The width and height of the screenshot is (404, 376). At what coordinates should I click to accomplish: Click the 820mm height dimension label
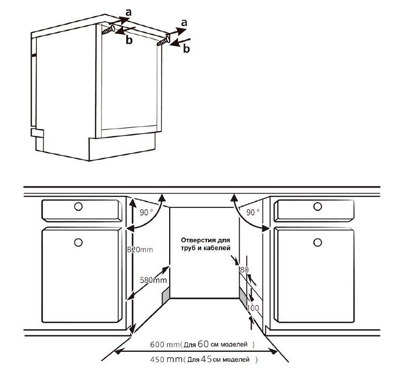coord(140,250)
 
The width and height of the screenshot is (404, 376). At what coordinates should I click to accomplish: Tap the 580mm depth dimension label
coord(153,280)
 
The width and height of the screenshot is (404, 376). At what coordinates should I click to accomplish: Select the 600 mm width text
coord(165,344)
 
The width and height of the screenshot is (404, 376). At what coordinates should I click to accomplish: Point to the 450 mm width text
coord(166,359)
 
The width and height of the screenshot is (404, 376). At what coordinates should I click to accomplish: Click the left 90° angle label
coord(146,213)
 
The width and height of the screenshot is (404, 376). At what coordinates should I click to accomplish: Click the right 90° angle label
coord(253,213)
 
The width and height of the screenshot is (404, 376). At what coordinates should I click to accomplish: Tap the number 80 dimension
coord(244,270)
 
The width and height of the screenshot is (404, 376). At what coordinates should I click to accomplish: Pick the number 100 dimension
coord(253,308)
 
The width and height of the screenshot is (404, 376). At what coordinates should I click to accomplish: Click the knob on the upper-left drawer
coord(78,206)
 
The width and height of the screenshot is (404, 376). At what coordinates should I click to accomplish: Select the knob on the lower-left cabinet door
coord(78,243)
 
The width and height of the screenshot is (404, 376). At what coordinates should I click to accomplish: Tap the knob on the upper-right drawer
coord(317,206)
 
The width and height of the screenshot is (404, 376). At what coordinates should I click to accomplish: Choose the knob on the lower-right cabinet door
coord(317,243)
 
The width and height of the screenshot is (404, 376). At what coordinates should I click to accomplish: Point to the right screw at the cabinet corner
coord(164,41)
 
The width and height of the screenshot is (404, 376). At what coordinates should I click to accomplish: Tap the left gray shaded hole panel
coord(166,295)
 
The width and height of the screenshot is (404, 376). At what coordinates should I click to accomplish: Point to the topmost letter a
coord(128,12)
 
